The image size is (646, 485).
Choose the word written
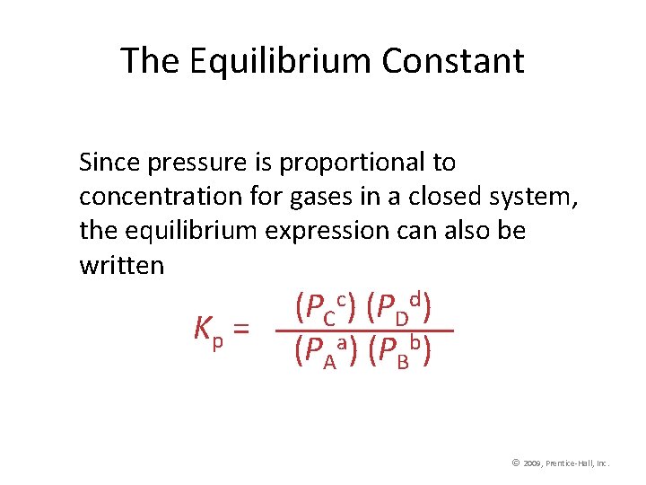[x=121, y=266]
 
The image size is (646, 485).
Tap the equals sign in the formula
[x=240, y=331]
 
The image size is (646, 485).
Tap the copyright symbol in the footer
[x=516, y=463]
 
